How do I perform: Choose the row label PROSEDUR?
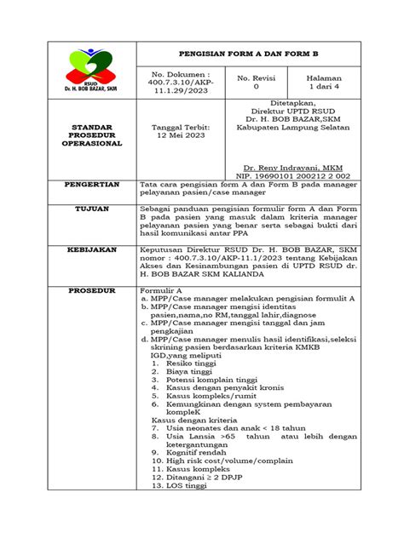click(90, 290)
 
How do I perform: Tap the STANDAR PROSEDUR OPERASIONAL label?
click(90, 135)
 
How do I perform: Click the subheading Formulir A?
click(162, 290)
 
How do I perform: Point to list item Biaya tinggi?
click(188, 370)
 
